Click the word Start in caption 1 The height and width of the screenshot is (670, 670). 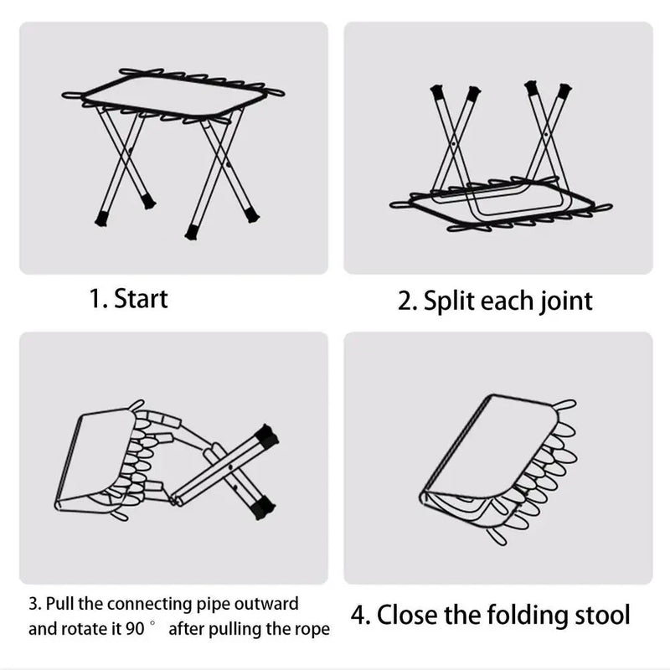(141, 298)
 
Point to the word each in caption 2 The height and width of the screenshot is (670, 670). (508, 301)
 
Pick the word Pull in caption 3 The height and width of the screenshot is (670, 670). (60, 604)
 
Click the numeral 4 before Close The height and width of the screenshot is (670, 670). (358, 616)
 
